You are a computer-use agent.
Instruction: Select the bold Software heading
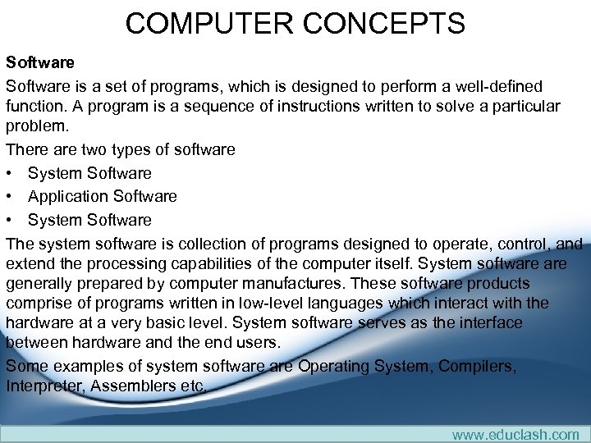click(40, 62)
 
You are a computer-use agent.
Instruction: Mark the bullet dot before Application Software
click(10, 197)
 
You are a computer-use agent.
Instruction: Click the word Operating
click(338, 367)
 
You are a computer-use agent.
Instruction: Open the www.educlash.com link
click(515, 435)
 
